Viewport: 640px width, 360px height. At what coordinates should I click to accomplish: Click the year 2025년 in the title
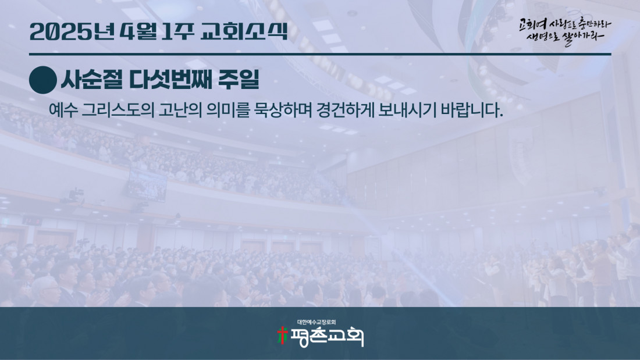[71, 32]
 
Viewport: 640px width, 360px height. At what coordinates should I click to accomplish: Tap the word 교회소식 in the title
[244, 31]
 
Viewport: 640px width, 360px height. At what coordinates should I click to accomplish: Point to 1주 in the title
[177, 32]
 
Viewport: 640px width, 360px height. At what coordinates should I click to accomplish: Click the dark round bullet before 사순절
[43, 80]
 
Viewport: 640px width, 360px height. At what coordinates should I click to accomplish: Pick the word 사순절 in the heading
[91, 80]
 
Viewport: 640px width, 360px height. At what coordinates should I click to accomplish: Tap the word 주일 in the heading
[239, 80]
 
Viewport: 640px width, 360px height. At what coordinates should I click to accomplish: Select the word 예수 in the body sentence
[63, 110]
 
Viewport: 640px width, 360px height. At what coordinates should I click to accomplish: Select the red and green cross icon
[282, 336]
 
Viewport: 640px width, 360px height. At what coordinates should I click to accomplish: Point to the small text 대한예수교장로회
[317, 322]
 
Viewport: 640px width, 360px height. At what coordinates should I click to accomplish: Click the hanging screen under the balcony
[147, 184]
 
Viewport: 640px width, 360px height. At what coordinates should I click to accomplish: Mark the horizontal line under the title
[320, 54]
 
